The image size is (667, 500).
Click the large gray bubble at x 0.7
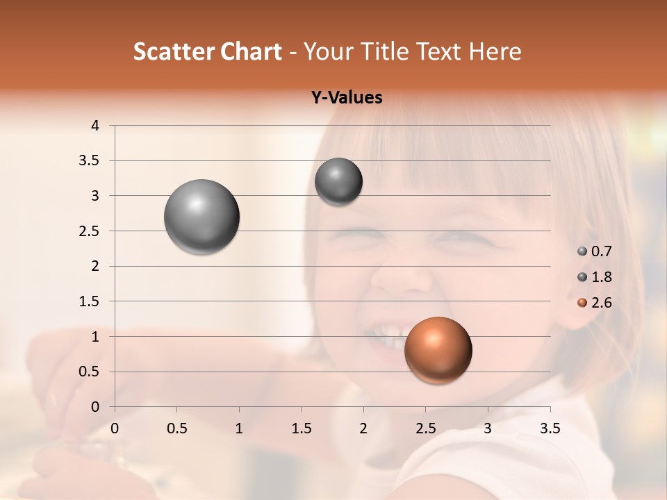[202, 217]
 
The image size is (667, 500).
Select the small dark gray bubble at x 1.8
[338, 181]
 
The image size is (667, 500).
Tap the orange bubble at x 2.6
[438, 350]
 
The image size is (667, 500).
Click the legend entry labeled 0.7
[595, 251]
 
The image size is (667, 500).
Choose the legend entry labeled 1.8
[595, 277]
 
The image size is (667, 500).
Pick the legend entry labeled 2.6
[595, 303]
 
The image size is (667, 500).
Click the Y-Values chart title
[346, 98]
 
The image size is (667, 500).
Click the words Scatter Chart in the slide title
[207, 51]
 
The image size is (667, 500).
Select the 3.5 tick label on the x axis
[550, 428]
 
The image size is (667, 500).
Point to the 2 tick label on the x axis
[363, 428]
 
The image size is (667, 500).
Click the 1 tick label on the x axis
[239, 428]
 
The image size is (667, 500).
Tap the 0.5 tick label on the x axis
[176, 428]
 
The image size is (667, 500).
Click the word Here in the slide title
[495, 51]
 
